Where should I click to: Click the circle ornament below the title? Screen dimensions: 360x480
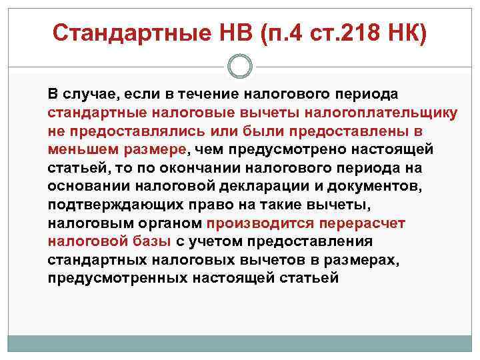[x=239, y=66]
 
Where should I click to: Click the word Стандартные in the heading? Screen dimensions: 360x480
[x=121, y=31]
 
